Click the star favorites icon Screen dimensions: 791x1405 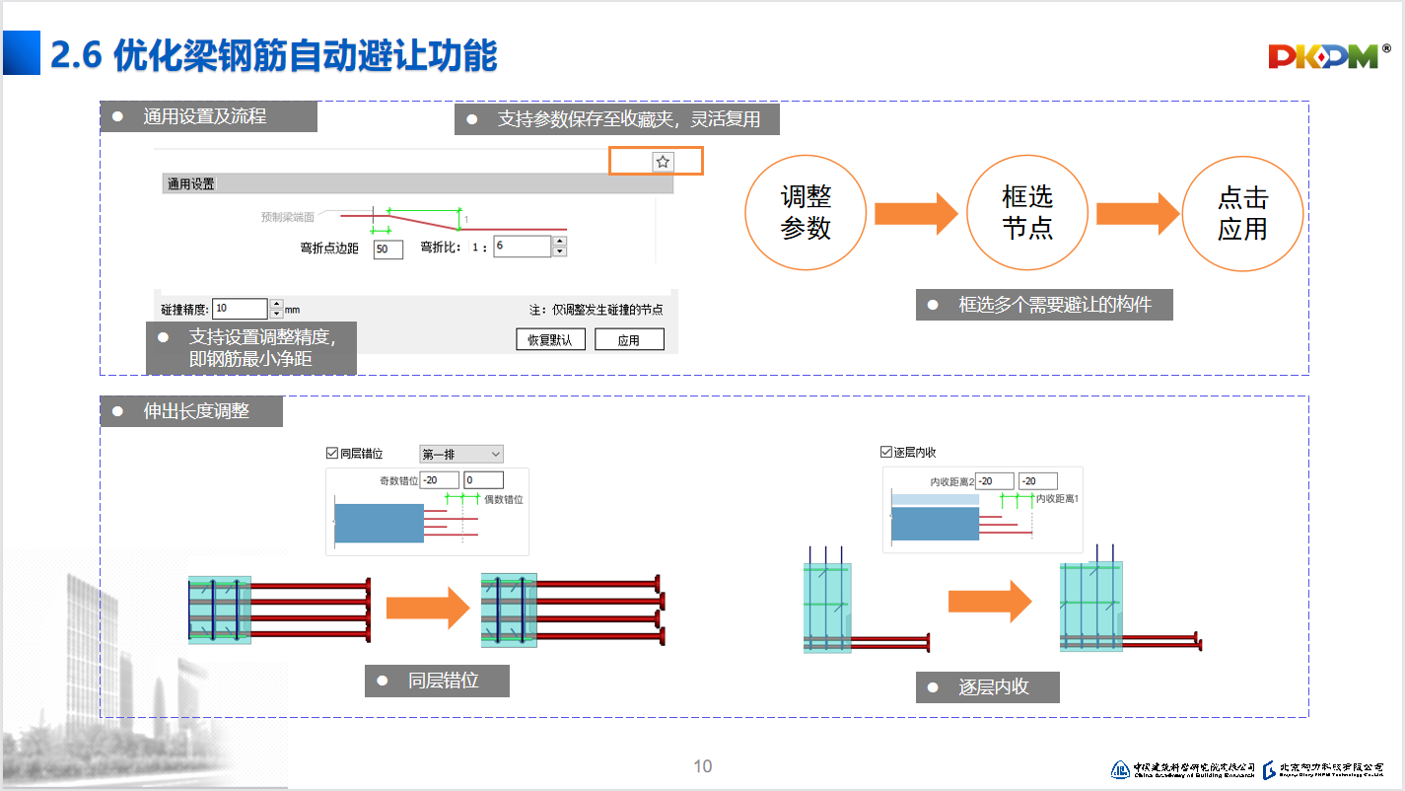click(663, 161)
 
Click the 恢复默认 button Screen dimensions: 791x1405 click(550, 340)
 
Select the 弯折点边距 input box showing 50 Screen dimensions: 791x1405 click(388, 250)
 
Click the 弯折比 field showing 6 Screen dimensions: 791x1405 click(522, 247)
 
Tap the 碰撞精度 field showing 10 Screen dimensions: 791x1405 click(240, 309)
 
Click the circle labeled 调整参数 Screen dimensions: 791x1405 click(806, 213)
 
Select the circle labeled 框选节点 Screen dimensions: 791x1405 click(1027, 213)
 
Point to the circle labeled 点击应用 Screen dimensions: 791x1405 click(1242, 213)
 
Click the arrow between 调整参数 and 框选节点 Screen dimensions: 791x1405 click(915, 214)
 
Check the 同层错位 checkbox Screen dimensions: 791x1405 click(332, 454)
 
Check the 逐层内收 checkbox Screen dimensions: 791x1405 click(885, 452)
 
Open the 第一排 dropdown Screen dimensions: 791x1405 click(461, 454)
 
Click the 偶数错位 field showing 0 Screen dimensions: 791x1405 click(483, 480)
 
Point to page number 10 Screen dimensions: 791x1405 click(702, 766)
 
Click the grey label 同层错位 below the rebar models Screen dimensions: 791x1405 click(437, 681)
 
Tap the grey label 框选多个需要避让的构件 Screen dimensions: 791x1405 click(1044, 305)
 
